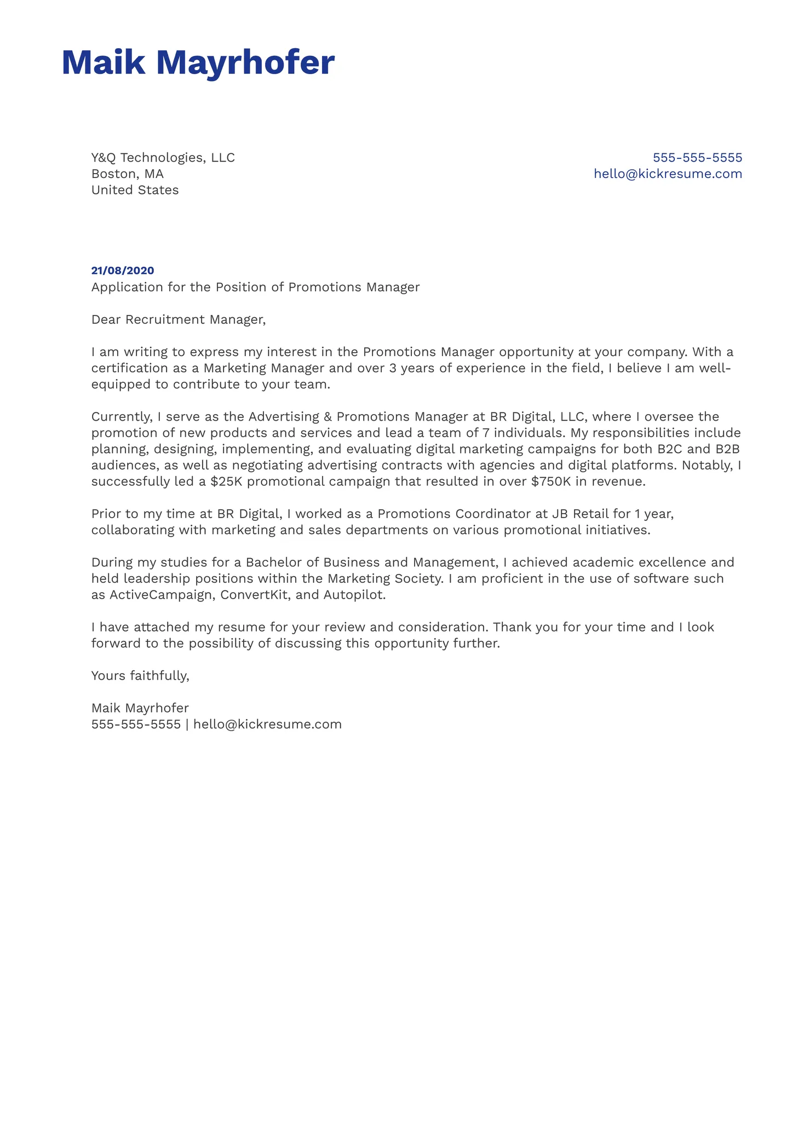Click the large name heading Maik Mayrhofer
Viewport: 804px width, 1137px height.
click(198, 62)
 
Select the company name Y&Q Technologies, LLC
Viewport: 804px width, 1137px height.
click(163, 158)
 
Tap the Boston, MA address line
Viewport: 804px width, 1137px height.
click(127, 174)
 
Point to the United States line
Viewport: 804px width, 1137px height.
click(135, 190)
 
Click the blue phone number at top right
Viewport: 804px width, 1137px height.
click(697, 158)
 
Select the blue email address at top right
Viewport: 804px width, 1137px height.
click(668, 174)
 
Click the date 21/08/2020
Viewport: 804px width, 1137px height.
click(123, 271)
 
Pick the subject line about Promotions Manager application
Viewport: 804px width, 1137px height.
click(255, 288)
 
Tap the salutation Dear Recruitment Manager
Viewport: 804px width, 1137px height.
click(178, 320)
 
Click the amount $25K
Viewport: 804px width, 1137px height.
click(226, 482)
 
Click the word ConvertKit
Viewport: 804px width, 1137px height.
click(254, 595)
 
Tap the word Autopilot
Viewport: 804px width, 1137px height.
click(354, 595)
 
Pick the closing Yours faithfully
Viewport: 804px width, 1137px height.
click(140, 676)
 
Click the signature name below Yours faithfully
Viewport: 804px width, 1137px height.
click(140, 708)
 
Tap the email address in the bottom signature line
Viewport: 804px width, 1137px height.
click(267, 725)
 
